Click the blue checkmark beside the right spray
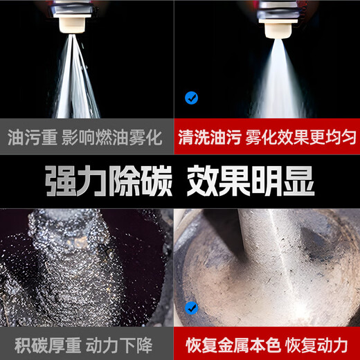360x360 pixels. pos(192,98)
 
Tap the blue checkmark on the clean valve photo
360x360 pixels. pos(191,307)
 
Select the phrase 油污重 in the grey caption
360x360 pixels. pos(28,136)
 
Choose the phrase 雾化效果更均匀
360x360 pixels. pos(301,136)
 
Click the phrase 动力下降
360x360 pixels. pos(125,344)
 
